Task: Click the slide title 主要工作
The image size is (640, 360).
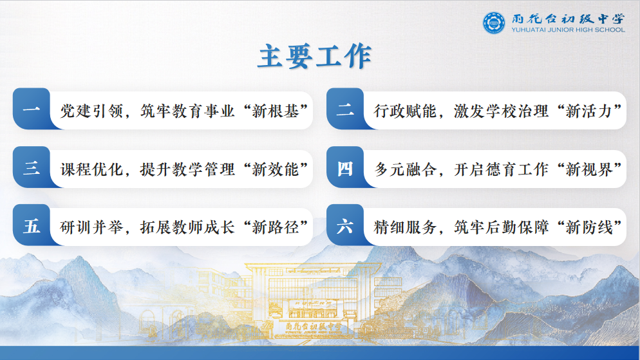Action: [314, 57]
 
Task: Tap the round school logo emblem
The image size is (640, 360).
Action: [494, 23]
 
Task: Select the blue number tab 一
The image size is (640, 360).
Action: [31, 109]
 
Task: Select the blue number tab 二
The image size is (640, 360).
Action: [345, 109]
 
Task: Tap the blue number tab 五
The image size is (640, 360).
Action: [31, 226]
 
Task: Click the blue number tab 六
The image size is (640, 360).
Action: [345, 226]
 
